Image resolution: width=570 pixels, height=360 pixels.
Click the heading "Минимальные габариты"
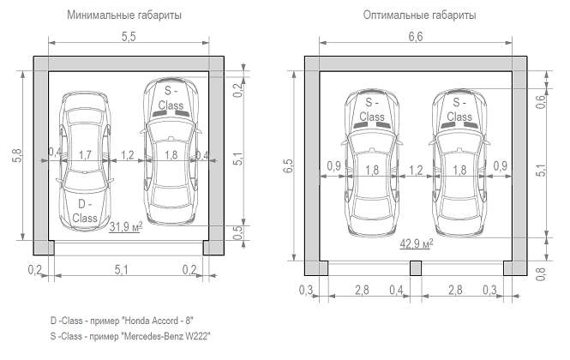124,15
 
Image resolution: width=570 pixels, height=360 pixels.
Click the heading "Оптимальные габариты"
419,15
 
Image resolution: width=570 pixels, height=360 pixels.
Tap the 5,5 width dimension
129,37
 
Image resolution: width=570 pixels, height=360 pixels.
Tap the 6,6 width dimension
416,37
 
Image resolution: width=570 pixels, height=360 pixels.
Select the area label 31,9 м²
126,227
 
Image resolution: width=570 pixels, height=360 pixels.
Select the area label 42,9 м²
417,243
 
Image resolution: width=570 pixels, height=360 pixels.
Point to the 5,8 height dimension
17,155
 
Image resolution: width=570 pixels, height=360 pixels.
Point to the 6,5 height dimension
288,165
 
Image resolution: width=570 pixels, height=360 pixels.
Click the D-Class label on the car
85,211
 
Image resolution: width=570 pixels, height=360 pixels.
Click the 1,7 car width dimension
85,155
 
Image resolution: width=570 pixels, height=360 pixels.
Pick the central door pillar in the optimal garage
416,268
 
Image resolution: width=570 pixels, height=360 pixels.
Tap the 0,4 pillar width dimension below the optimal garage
396,291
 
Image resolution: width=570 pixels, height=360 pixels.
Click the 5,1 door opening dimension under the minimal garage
122,270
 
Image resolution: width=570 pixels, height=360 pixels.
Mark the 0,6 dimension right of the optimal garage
541,101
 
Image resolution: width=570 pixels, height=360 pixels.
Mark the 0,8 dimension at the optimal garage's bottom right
541,273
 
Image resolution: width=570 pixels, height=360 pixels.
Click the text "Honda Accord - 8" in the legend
158,321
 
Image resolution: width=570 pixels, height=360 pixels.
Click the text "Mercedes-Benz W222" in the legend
167,336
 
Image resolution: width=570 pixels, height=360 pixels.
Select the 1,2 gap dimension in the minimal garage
128,155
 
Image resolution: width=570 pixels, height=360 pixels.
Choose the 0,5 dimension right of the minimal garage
237,233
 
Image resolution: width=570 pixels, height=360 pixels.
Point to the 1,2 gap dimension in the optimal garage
416,171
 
